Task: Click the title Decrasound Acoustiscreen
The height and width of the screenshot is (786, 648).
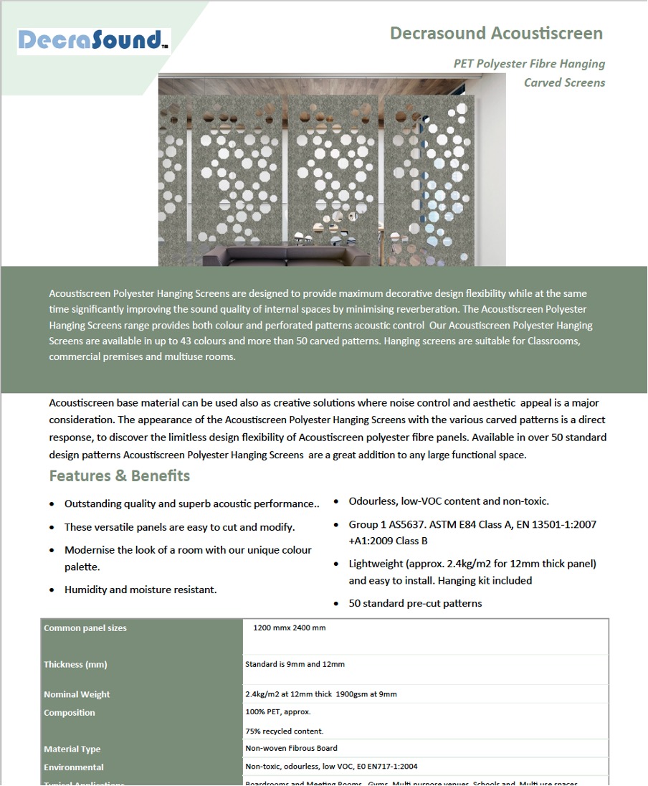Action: click(496, 33)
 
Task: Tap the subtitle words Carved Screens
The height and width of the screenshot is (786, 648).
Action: click(564, 82)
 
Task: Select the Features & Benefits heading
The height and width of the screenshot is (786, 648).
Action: click(119, 476)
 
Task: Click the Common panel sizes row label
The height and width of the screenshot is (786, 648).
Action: click(85, 628)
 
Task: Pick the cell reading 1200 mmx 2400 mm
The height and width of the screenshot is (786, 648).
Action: click(290, 628)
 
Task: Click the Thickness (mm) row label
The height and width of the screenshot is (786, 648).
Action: click(75, 665)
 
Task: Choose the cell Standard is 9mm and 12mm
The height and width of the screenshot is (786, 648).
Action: click(295, 664)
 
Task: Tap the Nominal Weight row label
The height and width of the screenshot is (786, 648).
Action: click(77, 694)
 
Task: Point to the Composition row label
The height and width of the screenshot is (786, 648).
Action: click(70, 713)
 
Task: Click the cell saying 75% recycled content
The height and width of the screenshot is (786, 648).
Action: click(284, 731)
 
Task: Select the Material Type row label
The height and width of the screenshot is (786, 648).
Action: click(72, 749)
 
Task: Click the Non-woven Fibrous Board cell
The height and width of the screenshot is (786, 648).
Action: click(291, 749)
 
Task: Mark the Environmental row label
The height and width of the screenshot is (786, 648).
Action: click(74, 767)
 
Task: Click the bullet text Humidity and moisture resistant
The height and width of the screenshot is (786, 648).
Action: click(140, 589)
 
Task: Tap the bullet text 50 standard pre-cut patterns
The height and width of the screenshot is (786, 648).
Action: click(415, 603)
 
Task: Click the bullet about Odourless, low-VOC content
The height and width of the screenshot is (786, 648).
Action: click(449, 501)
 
